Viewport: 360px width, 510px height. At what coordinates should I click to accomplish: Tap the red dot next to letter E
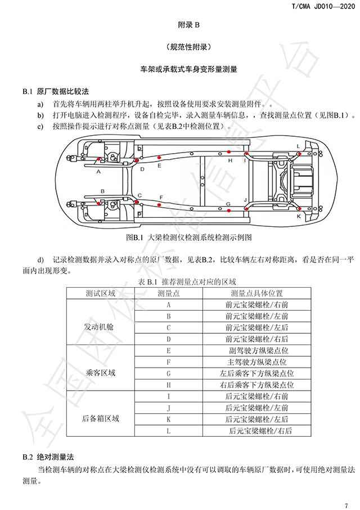pyautogui.click(x=159, y=157)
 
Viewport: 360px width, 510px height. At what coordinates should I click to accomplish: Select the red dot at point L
pyautogui.click(x=300, y=154)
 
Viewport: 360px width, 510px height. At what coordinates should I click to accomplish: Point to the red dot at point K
pyautogui.click(x=300, y=208)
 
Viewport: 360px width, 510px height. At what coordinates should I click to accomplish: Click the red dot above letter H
pyautogui.click(x=229, y=152)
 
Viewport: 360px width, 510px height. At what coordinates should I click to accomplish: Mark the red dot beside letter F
pyautogui.click(x=159, y=205)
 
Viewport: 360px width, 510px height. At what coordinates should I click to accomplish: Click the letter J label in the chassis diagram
pyautogui.click(x=245, y=200)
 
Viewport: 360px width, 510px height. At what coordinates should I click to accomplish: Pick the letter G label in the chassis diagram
pyautogui.click(x=228, y=204)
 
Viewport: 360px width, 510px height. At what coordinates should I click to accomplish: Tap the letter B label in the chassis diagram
pyautogui.click(x=103, y=191)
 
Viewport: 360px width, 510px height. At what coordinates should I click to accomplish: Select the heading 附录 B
pyautogui.click(x=188, y=25)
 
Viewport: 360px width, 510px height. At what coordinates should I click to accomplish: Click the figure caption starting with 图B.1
pyautogui.click(x=189, y=238)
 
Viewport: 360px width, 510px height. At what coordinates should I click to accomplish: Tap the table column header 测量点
pyautogui.click(x=168, y=293)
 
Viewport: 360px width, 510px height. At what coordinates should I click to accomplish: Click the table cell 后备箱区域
pyautogui.click(x=100, y=418)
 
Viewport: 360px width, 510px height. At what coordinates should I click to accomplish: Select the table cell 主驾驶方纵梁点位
pyautogui.click(x=256, y=362)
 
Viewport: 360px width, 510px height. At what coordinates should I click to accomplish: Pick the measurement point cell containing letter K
pyautogui.click(x=168, y=419)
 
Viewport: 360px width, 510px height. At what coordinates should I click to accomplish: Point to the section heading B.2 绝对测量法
pyautogui.click(x=48, y=457)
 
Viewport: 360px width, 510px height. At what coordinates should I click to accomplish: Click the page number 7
pyautogui.click(x=346, y=505)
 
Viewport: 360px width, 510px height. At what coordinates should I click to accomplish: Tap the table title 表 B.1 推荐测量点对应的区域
pyautogui.click(x=187, y=281)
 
